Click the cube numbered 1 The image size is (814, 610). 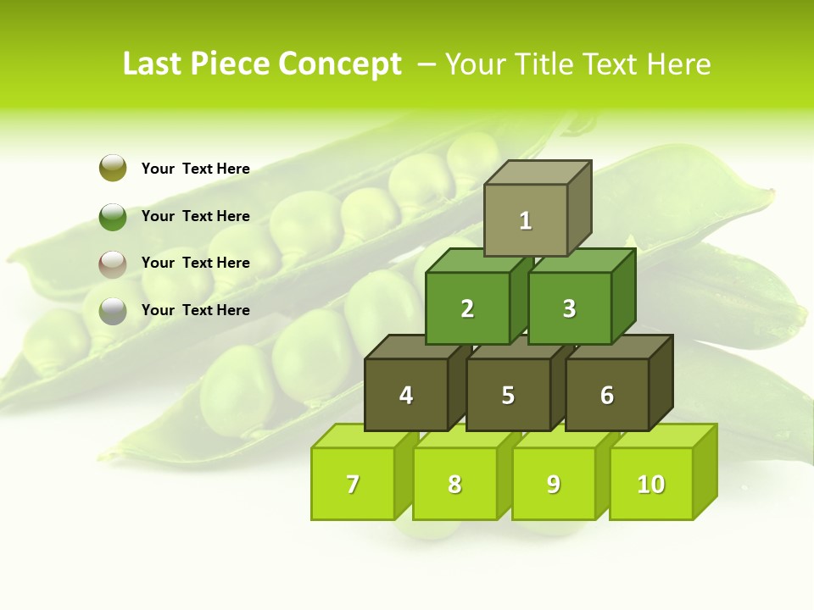pyautogui.click(x=526, y=220)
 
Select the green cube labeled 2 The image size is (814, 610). pyautogui.click(x=467, y=308)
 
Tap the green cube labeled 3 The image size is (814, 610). pyautogui.click(x=569, y=308)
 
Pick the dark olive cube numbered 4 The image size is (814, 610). pyautogui.click(x=406, y=395)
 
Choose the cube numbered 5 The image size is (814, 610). pyautogui.click(x=508, y=395)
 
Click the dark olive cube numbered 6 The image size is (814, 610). pyautogui.click(x=607, y=395)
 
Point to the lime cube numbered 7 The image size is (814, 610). pyautogui.click(x=353, y=484)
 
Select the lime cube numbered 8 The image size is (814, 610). pyautogui.click(x=454, y=484)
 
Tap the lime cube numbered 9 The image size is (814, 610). pyautogui.click(x=554, y=484)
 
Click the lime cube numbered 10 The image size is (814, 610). pyautogui.click(x=651, y=484)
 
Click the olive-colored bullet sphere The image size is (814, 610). pyautogui.click(x=113, y=168)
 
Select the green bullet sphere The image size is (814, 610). pyautogui.click(x=113, y=216)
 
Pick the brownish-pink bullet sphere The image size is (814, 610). pyautogui.click(x=113, y=263)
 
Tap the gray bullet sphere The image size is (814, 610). pyautogui.click(x=113, y=311)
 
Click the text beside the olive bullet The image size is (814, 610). pyautogui.click(x=196, y=169)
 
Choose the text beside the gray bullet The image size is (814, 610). pyautogui.click(x=196, y=310)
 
